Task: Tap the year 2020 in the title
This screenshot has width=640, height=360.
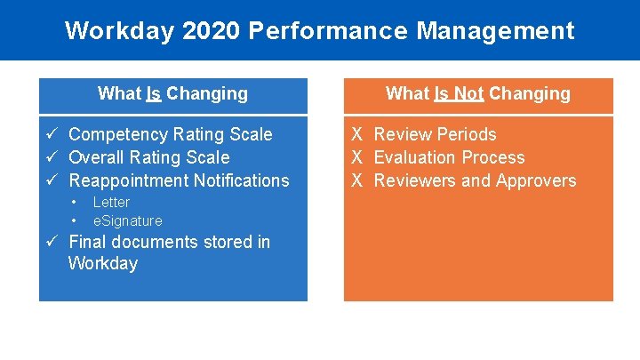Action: (210, 31)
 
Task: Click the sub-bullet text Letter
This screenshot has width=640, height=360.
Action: (111, 202)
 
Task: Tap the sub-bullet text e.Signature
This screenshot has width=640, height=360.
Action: (127, 220)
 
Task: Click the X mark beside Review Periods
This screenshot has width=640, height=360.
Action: (356, 134)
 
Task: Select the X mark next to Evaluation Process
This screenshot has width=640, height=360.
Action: (356, 157)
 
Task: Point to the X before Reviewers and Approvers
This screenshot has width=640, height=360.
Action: (356, 180)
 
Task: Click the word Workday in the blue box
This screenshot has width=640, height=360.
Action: (103, 263)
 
